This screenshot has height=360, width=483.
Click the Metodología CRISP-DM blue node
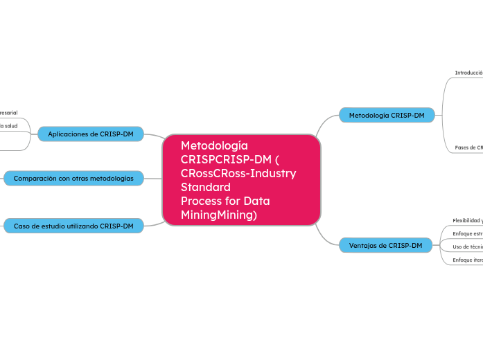[x=386, y=115]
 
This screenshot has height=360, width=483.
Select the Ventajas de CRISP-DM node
[x=385, y=245]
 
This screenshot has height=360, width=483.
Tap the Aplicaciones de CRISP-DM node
[x=90, y=134]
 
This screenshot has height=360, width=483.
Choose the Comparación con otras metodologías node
[x=73, y=178]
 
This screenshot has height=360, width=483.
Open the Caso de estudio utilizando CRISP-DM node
[x=73, y=226]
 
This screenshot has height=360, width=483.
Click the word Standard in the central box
[x=205, y=187]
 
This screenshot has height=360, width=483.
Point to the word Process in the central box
[x=200, y=201]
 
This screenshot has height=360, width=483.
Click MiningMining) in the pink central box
[x=218, y=215]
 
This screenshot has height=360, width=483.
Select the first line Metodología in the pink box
[x=213, y=145]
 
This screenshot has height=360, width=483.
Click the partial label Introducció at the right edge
[x=468, y=73]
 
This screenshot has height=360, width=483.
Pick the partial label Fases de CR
[x=468, y=147]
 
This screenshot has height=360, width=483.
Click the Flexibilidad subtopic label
[x=467, y=220]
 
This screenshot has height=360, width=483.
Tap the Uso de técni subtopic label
[x=467, y=246]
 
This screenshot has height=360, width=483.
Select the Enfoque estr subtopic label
[x=467, y=233]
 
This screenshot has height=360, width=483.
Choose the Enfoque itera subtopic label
[x=467, y=260]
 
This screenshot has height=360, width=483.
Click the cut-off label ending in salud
[x=9, y=126]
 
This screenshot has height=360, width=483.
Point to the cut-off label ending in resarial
[x=9, y=112]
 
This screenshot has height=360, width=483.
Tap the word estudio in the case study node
[x=53, y=226]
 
